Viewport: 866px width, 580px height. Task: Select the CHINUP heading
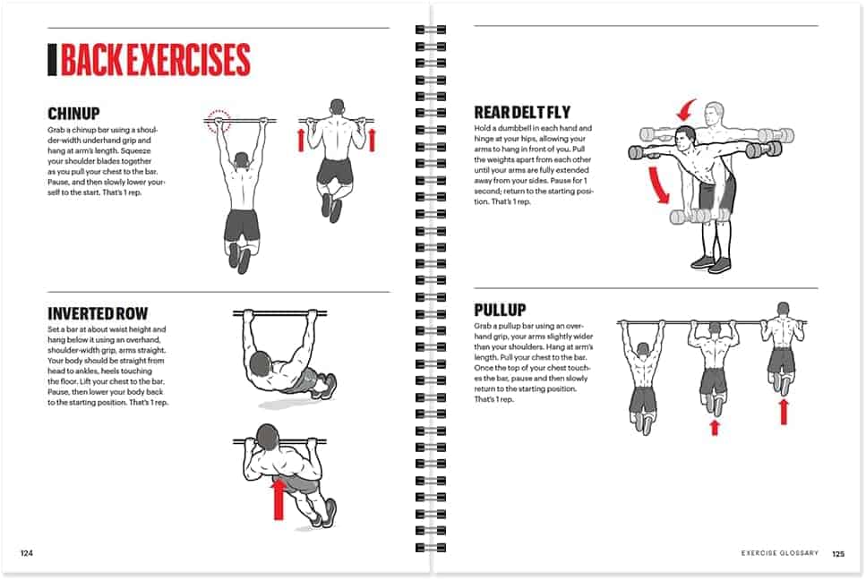click(x=73, y=114)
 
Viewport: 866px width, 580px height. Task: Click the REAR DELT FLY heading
click(x=524, y=113)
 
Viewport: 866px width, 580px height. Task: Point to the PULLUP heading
click(x=500, y=311)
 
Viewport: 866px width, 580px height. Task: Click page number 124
click(x=27, y=553)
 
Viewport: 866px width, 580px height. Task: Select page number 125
click(x=837, y=553)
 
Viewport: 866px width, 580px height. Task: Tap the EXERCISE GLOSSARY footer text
click(x=779, y=553)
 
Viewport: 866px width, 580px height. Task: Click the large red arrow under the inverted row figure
click(x=279, y=498)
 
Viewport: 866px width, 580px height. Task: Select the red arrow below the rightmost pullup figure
click(x=784, y=411)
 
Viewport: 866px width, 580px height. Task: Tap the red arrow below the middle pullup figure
click(x=714, y=427)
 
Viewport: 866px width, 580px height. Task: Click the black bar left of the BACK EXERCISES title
click(x=52, y=60)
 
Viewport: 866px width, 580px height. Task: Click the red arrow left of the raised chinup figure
click(x=301, y=140)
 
